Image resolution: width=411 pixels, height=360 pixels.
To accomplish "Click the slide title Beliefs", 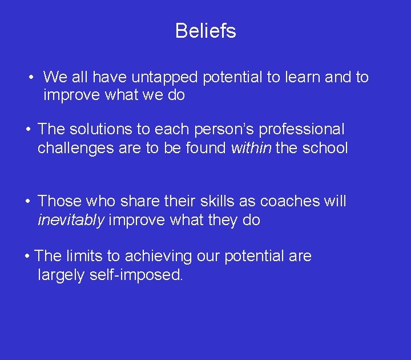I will coord(205,31).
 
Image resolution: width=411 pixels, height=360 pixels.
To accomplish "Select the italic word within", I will coord(251,149).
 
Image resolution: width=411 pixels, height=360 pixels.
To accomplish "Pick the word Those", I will coord(59,202).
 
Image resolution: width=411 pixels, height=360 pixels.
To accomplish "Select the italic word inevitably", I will coord(71,221).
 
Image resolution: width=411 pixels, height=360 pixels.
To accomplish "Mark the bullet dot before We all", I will coord(34,77).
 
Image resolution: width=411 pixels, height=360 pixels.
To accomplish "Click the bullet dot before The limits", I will coord(28,256).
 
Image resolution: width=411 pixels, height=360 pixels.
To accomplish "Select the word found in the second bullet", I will coord(205,149).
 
